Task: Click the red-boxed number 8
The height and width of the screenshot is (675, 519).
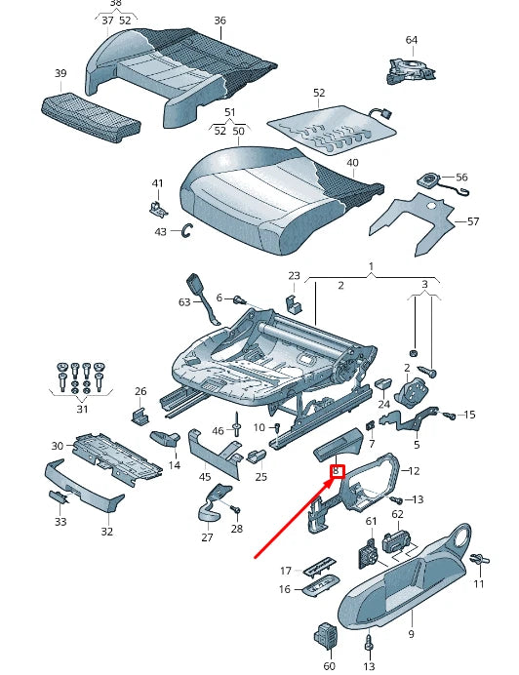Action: click(338, 472)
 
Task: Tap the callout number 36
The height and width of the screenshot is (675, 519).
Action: click(220, 20)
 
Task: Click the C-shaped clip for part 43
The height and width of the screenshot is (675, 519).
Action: click(187, 230)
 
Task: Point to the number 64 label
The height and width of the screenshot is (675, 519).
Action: click(411, 40)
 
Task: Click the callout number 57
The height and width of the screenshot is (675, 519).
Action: click(473, 222)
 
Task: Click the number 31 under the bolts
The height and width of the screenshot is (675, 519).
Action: click(81, 411)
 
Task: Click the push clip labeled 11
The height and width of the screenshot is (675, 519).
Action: click(478, 560)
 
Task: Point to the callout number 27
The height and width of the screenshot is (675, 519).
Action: click(207, 537)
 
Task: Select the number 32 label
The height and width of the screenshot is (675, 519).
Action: click(106, 532)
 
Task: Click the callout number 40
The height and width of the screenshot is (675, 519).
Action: click(352, 163)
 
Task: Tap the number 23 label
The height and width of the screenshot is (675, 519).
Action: click(294, 276)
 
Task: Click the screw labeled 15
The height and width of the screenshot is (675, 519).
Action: click(450, 416)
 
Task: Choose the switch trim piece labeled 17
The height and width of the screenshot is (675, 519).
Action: click(318, 568)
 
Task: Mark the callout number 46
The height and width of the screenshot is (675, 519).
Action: click(219, 430)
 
